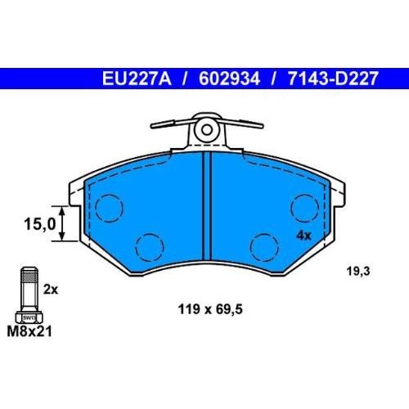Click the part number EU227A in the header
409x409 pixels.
(x=137, y=79)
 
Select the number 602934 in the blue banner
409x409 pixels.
(x=229, y=79)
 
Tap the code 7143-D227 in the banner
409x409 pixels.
(x=333, y=79)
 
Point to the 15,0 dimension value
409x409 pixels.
(x=39, y=224)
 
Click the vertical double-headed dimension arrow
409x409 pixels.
(x=62, y=223)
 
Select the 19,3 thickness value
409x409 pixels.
(x=358, y=272)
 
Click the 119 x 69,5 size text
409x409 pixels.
(x=210, y=309)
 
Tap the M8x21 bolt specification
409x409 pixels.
(x=29, y=332)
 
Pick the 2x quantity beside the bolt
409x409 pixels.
(x=51, y=290)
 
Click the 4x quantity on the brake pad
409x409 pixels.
(x=303, y=236)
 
